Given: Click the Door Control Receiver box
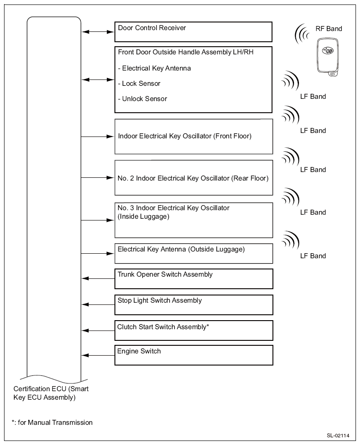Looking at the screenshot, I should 193,31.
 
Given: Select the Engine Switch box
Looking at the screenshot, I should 193,355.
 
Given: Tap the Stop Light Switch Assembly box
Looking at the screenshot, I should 193,304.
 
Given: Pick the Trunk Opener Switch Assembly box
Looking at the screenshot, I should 193,278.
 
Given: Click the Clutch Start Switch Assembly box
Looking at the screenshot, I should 193,330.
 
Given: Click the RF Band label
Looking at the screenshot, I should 328,29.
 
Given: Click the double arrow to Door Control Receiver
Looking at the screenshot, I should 98,32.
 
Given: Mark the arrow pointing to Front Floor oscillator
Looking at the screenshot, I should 98,136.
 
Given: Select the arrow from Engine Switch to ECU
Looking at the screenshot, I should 98,356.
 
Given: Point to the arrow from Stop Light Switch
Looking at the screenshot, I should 98,305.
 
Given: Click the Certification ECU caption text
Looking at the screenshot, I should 51,393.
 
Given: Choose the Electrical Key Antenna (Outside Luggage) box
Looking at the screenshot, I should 193,253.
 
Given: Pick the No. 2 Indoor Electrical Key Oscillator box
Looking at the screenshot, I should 193,178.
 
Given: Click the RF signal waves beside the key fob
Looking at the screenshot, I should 302,35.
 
